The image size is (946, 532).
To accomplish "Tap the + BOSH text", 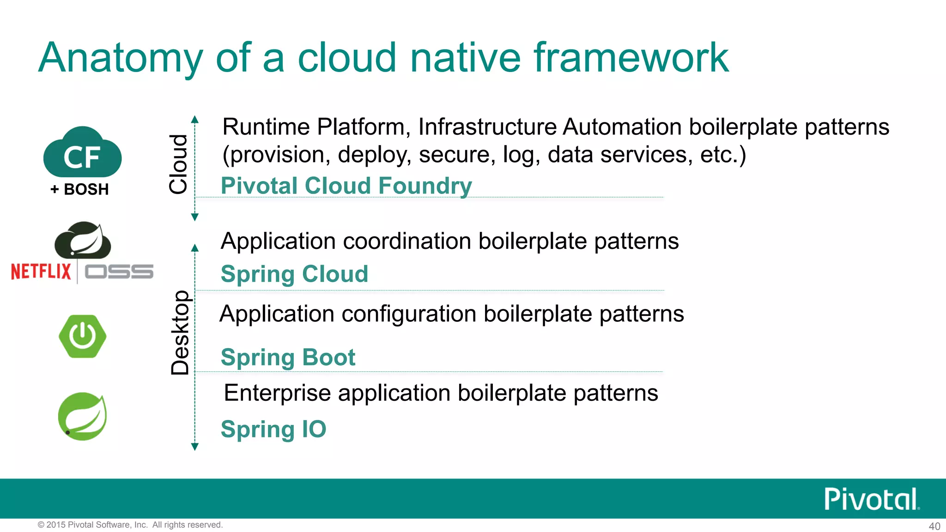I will tap(79, 189).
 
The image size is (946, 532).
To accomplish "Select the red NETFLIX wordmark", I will tap(41, 272).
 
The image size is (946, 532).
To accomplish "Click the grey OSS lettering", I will tap(119, 272).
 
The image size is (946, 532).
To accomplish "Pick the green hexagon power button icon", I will tap(83, 336).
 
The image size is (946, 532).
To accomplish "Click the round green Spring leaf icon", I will tap(82, 416).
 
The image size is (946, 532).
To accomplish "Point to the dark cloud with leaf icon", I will tap(83, 241).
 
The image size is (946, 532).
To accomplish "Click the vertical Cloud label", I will tap(178, 164).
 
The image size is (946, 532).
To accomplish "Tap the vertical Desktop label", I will tap(180, 332).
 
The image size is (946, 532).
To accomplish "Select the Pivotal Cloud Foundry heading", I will tap(346, 186).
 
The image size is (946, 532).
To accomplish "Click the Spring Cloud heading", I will tap(294, 274).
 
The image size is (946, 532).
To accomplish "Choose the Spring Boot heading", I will tap(288, 357).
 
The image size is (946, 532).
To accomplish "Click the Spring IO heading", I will tap(273, 429).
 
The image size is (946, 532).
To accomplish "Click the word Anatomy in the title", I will tap(121, 58).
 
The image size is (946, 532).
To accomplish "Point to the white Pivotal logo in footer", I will tap(871, 499).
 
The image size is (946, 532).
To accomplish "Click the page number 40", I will tap(934, 526).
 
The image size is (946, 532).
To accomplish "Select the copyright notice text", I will tap(130, 525).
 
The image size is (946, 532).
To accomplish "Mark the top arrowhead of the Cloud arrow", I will tap(195, 119).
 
